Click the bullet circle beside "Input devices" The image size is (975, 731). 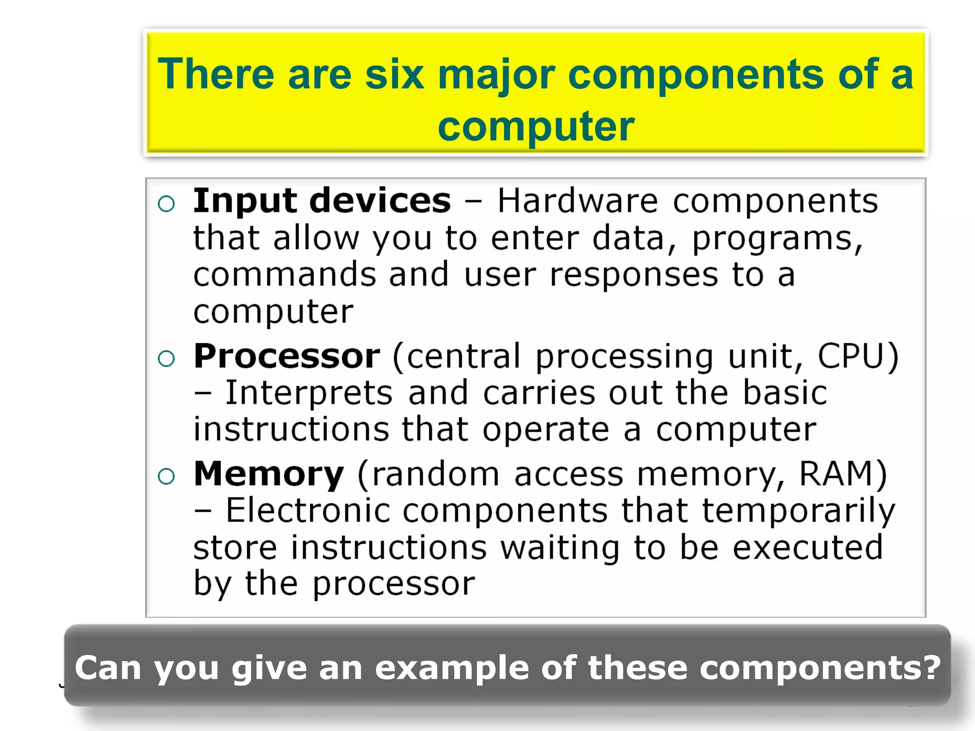(x=166, y=204)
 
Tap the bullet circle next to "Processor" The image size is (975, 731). (x=166, y=359)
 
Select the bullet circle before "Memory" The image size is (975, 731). (x=166, y=476)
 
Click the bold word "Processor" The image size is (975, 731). (x=287, y=356)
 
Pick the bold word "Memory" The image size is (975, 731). (x=269, y=475)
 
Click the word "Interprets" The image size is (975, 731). (x=309, y=394)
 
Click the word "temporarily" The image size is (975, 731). (x=798, y=512)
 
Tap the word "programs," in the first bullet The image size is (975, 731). (x=777, y=238)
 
